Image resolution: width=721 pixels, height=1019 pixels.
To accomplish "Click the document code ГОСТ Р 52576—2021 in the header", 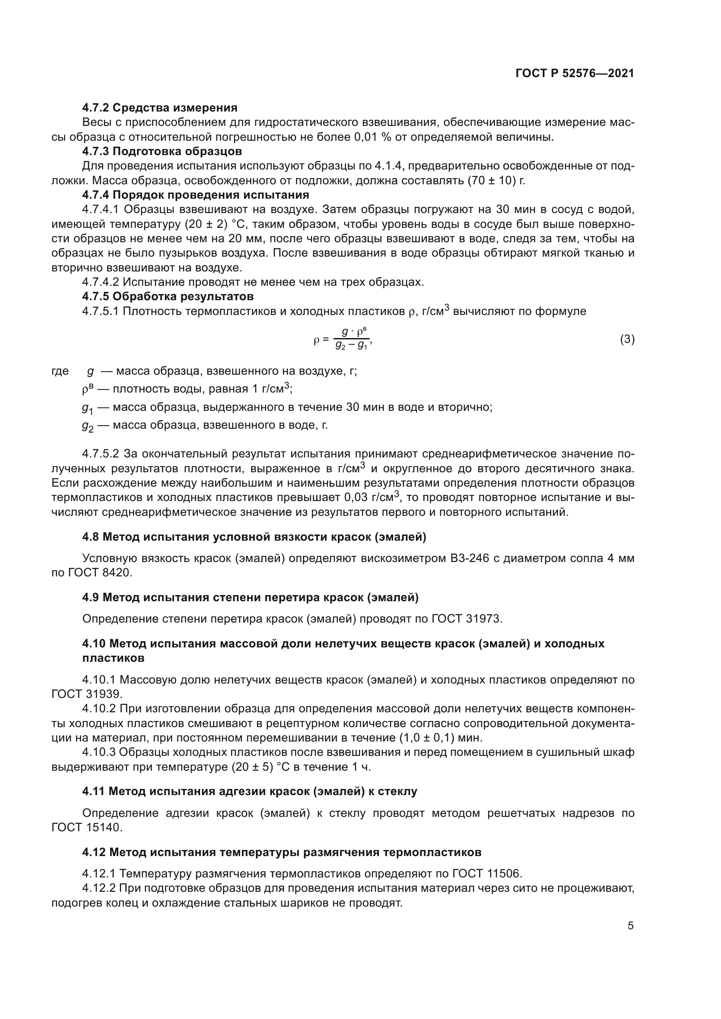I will [x=575, y=73].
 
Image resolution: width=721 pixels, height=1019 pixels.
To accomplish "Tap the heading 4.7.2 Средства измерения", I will [x=160, y=108].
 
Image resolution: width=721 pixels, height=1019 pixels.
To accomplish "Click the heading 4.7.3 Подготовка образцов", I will [x=162, y=151].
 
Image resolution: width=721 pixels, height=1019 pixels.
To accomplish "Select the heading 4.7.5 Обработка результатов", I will [x=168, y=296].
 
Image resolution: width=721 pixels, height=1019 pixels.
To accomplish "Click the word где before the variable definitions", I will [x=61, y=371].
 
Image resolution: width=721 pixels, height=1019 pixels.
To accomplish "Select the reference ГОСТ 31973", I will [x=466, y=619].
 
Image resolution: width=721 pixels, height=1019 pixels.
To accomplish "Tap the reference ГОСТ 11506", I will [x=486, y=873].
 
